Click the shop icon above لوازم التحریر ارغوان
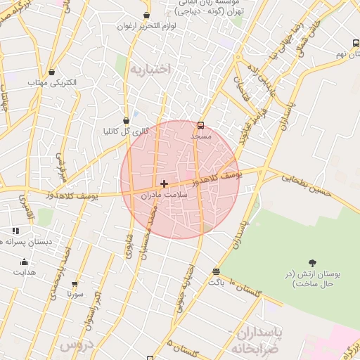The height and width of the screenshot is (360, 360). [x=146, y=15]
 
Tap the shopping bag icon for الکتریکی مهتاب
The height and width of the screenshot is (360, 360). [x=52, y=71]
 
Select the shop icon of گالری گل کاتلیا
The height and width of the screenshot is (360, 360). [x=126, y=120]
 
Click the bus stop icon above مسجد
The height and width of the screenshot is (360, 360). [x=201, y=125]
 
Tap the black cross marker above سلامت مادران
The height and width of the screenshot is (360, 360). [x=165, y=184]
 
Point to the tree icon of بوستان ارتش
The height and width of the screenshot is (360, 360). [x=312, y=262]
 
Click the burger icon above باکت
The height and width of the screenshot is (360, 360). [x=216, y=271]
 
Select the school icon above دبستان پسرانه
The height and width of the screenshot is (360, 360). [x=15, y=231]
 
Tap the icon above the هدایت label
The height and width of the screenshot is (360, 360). [x=24, y=262]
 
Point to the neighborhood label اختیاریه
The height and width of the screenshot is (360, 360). [x=150, y=69]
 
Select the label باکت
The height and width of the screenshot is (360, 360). [x=217, y=281]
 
